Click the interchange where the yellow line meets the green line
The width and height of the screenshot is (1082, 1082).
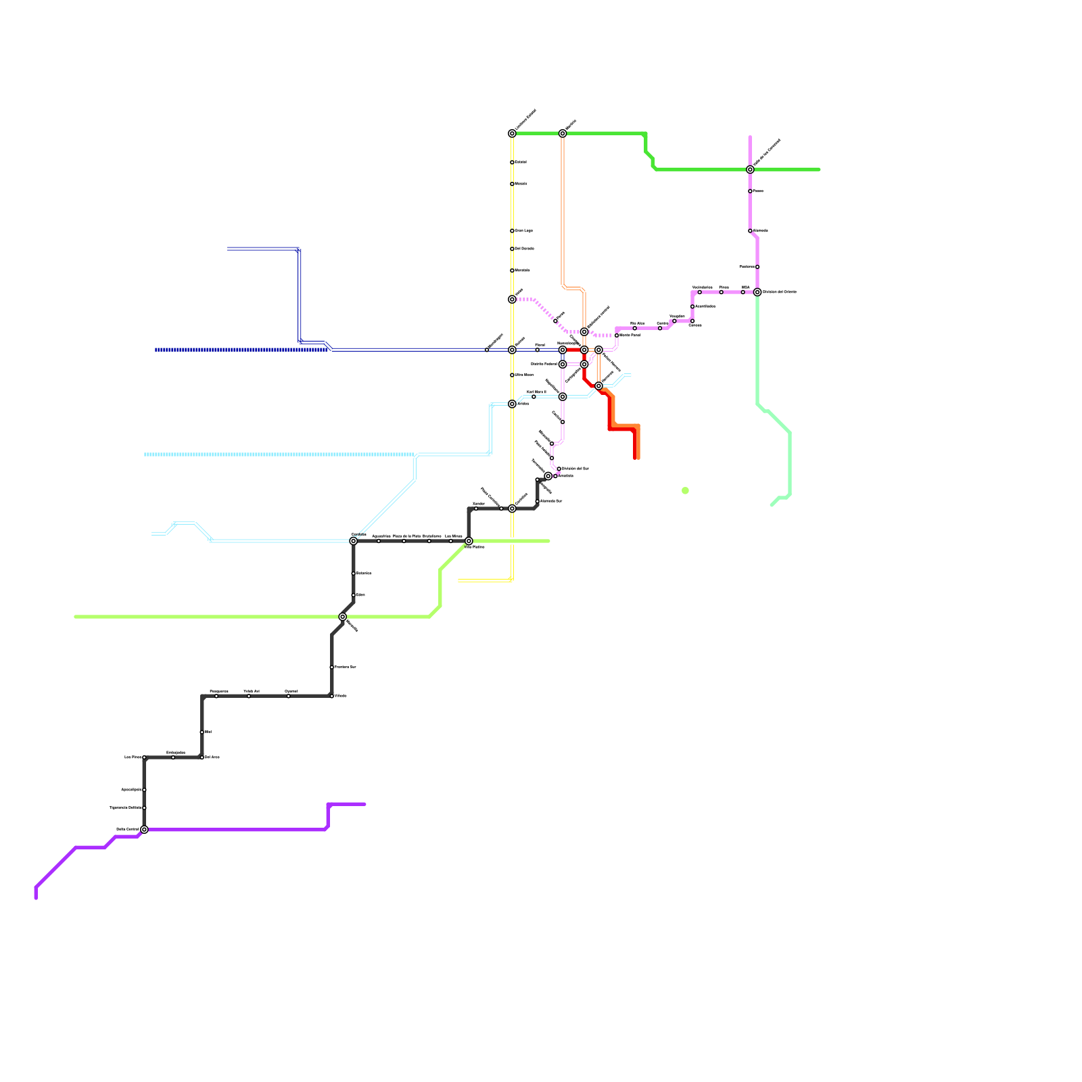tap(512, 134)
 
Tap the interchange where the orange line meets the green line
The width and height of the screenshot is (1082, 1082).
tap(563, 134)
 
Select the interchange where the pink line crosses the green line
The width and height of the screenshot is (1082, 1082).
tap(750, 170)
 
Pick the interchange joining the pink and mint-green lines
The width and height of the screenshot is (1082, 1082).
tap(757, 292)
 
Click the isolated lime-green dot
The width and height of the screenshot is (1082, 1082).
tap(685, 491)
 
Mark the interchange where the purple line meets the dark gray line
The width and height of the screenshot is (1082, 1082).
tap(144, 829)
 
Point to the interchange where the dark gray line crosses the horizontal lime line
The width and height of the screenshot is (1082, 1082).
tap(343, 617)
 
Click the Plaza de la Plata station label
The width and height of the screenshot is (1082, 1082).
tap(406, 536)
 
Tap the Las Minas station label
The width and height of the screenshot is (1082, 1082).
tap(453, 536)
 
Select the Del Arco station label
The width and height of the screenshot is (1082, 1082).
tap(212, 757)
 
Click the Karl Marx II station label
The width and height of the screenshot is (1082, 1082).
tap(536, 392)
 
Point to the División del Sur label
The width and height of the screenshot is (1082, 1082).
tap(575, 468)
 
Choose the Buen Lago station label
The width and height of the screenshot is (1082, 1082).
tap(524, 231)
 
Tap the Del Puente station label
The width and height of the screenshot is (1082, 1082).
tap(525, 249)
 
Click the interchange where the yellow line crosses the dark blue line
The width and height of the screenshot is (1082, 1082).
tap(512, 350)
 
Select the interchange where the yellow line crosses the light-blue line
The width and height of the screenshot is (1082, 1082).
tap(512, 404)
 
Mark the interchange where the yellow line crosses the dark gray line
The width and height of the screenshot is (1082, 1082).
tap(512, 509)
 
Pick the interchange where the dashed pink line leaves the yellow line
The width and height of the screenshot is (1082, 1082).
tap(512, 300)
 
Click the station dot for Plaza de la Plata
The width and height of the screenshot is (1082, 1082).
tap(404, 541)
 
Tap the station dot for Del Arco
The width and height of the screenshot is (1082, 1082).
tap(202, 757)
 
